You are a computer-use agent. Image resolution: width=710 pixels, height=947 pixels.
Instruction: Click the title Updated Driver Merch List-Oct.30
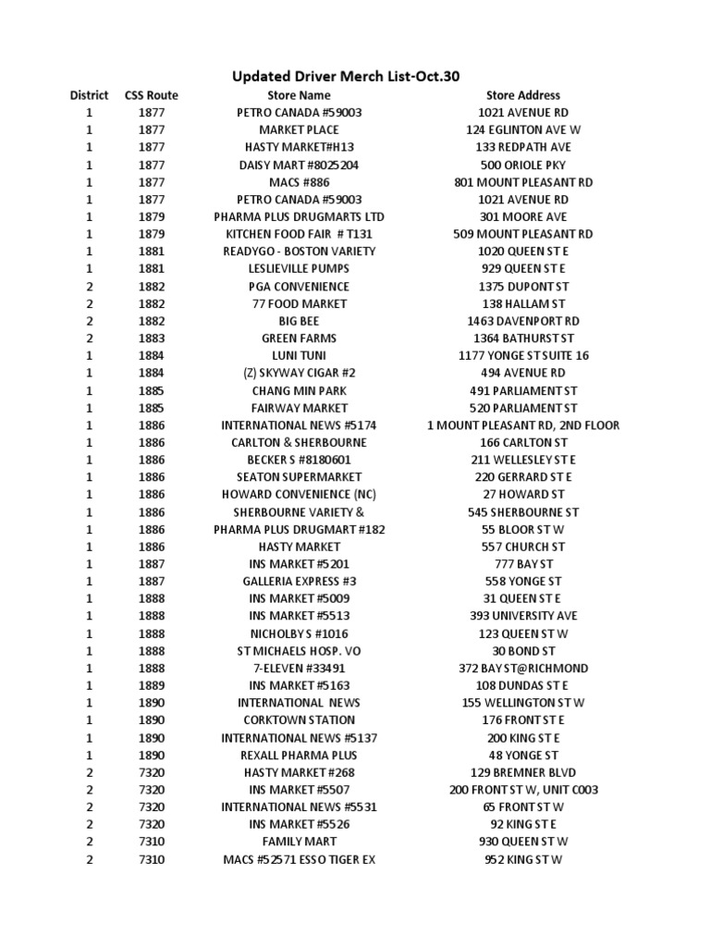point(345,76)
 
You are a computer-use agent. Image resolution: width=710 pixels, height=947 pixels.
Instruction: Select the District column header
point(90,95)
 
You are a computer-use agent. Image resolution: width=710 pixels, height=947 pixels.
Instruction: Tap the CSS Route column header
point(152,95)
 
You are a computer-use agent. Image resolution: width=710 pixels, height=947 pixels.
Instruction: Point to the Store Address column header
point(523,95)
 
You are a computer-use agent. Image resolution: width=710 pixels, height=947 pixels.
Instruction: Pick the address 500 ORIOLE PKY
point(523,165)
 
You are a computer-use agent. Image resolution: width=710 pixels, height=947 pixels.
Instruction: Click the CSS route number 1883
point(152,338)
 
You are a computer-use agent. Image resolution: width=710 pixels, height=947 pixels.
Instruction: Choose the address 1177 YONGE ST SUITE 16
point(523,356)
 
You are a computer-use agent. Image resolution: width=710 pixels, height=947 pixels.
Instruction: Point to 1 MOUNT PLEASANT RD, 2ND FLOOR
point(523,425)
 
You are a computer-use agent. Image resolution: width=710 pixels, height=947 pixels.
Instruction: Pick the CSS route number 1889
point(152,686)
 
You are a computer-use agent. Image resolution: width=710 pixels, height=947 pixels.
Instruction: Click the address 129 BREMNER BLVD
point(523,772)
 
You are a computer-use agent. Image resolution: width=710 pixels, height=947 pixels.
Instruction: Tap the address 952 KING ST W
point(523,860)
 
